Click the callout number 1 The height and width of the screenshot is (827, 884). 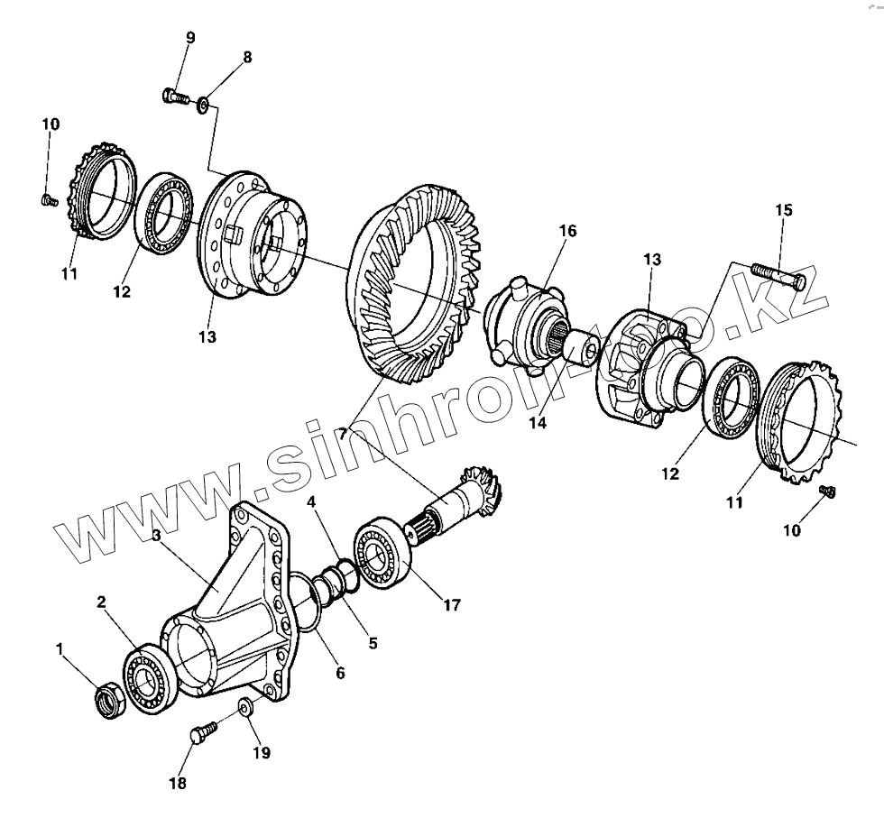[x=61, y=648]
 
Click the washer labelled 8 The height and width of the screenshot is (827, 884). [x=204, y=106]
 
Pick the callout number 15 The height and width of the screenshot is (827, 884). [x=783, y=210]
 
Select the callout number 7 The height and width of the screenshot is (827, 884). [x=343, y=434]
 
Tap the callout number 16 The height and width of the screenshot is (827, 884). [x=566, y=232]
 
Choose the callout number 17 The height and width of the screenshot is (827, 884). [x=452, y=605]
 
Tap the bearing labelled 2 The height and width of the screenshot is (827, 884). [x=149, y=677]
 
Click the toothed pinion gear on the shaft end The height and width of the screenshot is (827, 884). [x=486, y=488]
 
